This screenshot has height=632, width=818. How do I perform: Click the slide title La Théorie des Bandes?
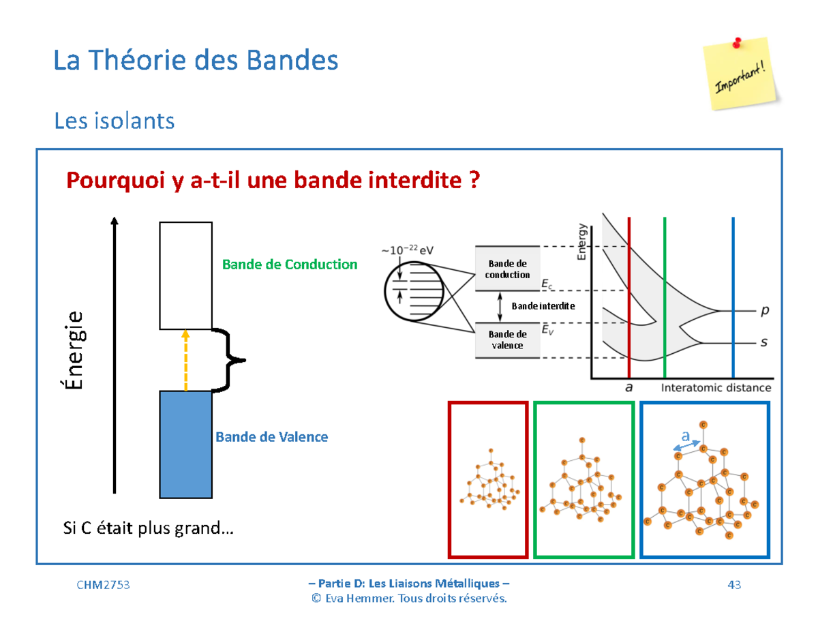(x=196, y=61)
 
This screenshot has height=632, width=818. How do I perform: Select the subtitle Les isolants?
(x=114, y=121)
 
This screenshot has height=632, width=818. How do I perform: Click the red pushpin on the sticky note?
(x=737, y=44)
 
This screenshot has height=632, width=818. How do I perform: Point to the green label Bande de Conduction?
(x=290, y=264)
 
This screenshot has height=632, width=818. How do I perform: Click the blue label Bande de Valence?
(x=271, y=436)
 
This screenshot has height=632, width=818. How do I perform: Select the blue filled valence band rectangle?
(x=185, y=444)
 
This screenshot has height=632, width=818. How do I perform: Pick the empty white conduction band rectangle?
(x=185, y=275)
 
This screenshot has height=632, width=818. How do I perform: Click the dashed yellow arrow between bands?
(x=185, y=360)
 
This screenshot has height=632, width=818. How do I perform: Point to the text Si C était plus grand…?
(x=147, y=528)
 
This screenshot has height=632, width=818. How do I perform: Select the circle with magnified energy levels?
(x=414, y=293)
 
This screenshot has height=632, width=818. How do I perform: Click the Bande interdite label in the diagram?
(x=543, y=306)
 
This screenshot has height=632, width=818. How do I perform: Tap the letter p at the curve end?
(x=764, y=310)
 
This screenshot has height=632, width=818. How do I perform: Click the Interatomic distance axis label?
(x=716, y=388)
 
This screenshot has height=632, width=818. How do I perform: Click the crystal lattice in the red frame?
(x=488, y=481)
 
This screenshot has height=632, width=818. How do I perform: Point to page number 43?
(x=734, y=585)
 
